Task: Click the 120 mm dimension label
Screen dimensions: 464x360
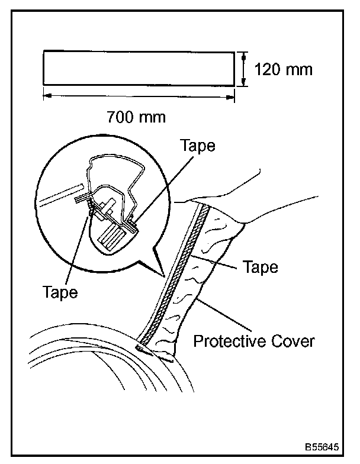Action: (283, 70)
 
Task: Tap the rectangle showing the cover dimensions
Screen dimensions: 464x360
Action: (139, 70)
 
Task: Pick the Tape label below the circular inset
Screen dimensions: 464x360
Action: (60, 292)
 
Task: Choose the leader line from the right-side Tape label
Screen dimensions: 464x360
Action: (219, 261)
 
